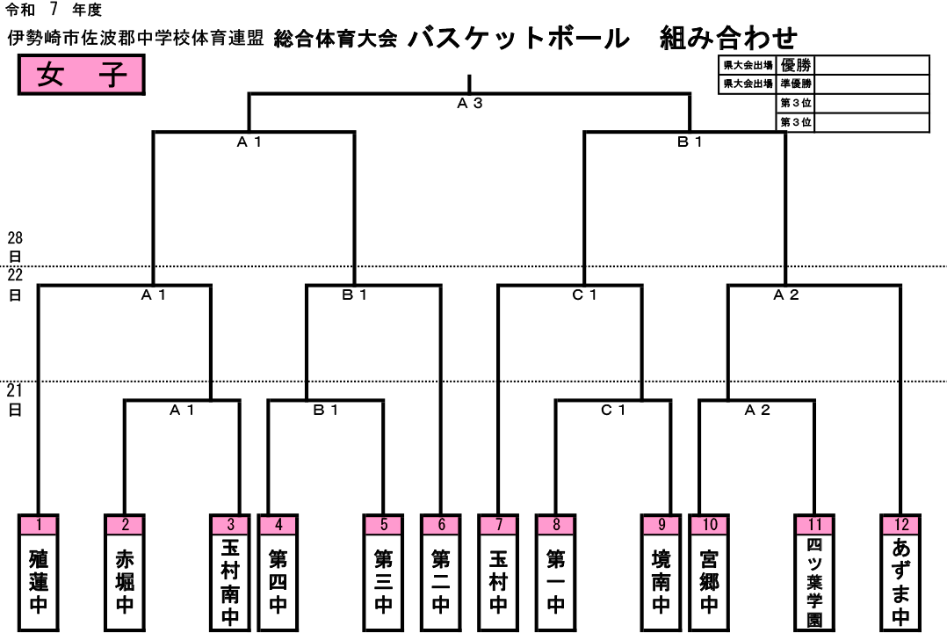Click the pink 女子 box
[81, 75]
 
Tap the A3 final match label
[470, 104]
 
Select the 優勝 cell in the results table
[795, 65]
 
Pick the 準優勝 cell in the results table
[795, 84]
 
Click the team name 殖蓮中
[39, 581]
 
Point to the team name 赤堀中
[125, 581]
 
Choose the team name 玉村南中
[230, 582]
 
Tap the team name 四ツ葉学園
[814, 582]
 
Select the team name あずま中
[900, 582]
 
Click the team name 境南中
[661, 581]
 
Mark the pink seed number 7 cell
[498, 525]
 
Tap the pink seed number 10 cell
[709, 525]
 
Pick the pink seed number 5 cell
[384, 525]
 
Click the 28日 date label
[15, 247]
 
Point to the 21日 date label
[15, 400]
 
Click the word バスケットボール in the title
[519, 38]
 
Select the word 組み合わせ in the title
[729, 38]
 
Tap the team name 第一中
[555, 581]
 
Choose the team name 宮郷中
[709, 581]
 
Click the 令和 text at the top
[20, 10]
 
